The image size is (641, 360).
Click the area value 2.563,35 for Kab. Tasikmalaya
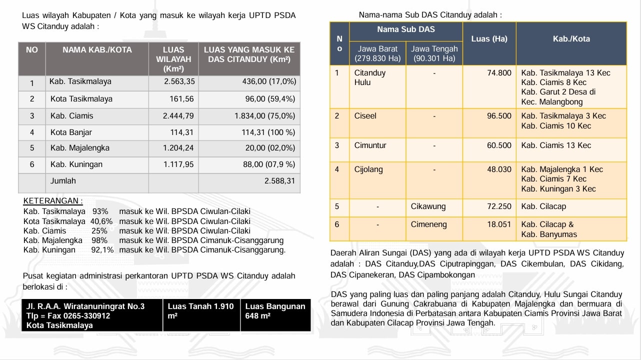(179, 81)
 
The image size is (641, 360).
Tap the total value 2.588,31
(279, 181)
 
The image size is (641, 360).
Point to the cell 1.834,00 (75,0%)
(265, 116)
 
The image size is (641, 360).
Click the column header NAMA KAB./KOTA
(97, 50)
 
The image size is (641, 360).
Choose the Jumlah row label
(63, 181)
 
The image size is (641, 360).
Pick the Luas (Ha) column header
(489, 39)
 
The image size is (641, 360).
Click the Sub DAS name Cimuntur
(370, 145)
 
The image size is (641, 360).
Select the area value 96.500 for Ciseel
(499, 116)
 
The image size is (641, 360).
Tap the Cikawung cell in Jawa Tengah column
(428, 206)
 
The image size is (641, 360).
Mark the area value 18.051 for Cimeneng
(499, 224)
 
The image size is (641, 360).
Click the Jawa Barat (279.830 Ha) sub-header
(377, 53)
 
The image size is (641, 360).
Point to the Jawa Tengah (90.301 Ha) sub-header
(434, 53)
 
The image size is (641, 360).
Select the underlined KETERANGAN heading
(53, 201)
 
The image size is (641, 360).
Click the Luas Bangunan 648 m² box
(275, 311)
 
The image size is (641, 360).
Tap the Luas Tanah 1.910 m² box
(200, 311)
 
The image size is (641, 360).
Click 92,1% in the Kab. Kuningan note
(102, 250)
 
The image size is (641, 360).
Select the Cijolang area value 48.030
(499, 169)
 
